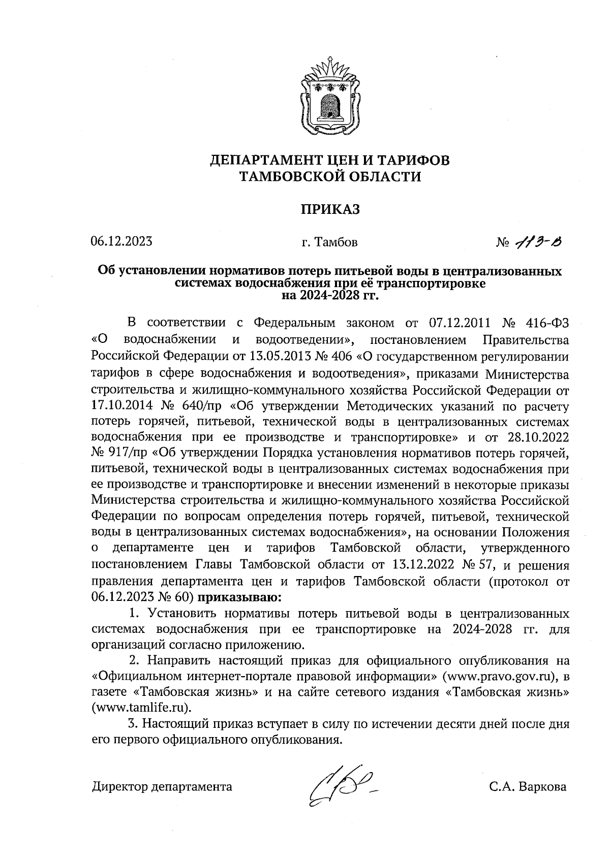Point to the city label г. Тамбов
tap(329, 242)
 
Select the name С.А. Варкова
tap(528, 787)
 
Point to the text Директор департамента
tap(162, 787)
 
